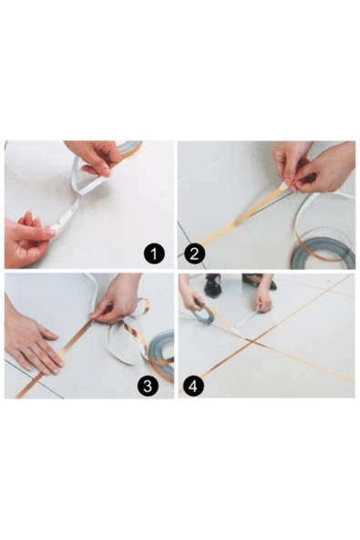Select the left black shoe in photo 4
coord(213,286)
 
